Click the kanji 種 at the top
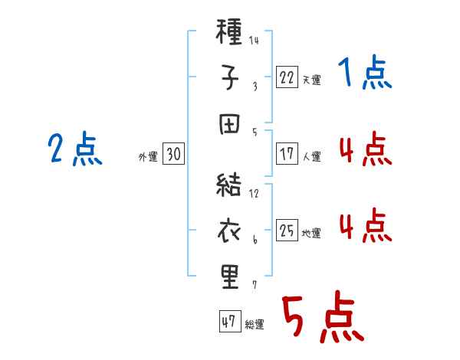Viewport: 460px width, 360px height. point(228,31)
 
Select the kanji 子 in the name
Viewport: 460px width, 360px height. point(229,77)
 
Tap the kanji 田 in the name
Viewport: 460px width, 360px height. point(229,124)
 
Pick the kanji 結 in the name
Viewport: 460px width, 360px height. point(228,185)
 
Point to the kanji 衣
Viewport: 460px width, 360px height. point(229,231)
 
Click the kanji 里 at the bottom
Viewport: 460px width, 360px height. point(230,277)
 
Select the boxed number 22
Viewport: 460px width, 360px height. point(287,77)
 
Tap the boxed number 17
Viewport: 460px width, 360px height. point(287,154)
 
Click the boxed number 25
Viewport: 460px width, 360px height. point(287,230)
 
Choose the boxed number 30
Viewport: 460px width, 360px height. point(173,154)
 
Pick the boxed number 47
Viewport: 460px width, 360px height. point(230,321)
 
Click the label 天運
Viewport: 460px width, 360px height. point(312,80)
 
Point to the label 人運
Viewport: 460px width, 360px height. point(312,156)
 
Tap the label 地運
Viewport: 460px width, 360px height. point(311,233)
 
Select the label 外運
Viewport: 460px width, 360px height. point(148,156)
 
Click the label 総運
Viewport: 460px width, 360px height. point(255,324)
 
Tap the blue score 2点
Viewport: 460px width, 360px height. point(75,149)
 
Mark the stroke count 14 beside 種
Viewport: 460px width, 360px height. point(254,40)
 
